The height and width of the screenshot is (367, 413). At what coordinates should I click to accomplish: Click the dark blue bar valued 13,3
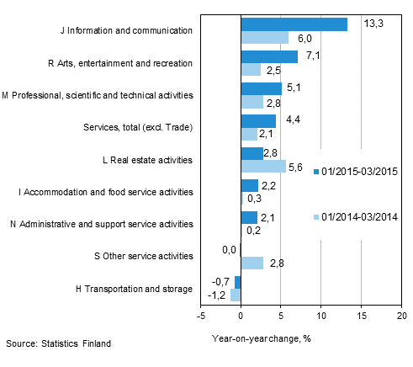coord(294,24)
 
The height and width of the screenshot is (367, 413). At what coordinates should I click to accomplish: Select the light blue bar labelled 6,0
coord(265,37)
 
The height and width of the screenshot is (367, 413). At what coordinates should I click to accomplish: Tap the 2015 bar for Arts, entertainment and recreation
coord(269,56)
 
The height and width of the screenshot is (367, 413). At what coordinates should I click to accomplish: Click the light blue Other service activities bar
coord(252,263)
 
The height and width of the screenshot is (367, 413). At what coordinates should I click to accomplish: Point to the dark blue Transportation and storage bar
coord(238,282)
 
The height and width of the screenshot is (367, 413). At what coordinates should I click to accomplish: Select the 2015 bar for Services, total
coord(258,121)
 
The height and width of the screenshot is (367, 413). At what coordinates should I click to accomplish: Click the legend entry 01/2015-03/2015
coord(356,172)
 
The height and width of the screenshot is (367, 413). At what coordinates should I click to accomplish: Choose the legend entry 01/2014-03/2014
coord(356,217)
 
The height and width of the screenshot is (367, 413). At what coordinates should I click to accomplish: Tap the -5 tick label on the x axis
coord(201,316)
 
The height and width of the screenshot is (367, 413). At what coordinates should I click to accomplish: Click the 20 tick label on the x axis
coord(401,316)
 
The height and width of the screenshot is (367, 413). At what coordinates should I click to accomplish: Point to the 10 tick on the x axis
coord(321,316)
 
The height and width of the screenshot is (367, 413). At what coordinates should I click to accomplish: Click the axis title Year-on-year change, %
coord(262,338)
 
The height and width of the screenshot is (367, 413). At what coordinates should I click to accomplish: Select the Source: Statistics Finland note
coord(58,343)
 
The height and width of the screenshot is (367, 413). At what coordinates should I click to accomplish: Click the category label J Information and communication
coord(126,30)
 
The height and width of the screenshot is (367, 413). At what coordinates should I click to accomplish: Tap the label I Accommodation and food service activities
coord(106,192)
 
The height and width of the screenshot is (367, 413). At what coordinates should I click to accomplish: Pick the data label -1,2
coord(216,295)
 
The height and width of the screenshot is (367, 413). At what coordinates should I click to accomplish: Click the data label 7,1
coord(313,56)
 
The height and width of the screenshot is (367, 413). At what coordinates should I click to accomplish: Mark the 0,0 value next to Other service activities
coord(229,249)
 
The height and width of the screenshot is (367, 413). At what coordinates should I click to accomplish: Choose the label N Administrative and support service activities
coord(102,224)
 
